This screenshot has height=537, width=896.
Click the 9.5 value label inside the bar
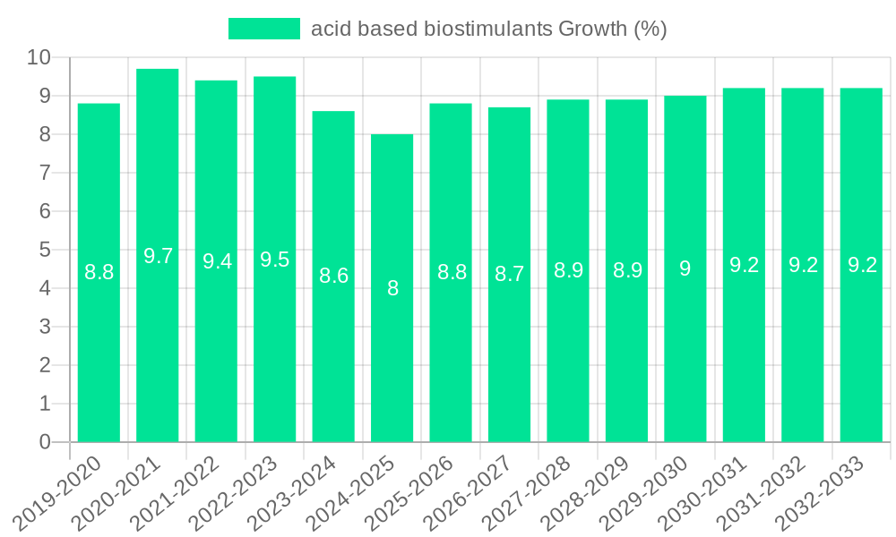coord(275,260)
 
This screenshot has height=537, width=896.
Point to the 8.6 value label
coord(333,276)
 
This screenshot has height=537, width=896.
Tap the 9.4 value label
coord(217,261)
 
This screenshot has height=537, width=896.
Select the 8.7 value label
coord(509,274)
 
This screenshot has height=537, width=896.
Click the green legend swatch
coord(264,29)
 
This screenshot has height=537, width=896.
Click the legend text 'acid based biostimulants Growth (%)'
coord(488,29)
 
